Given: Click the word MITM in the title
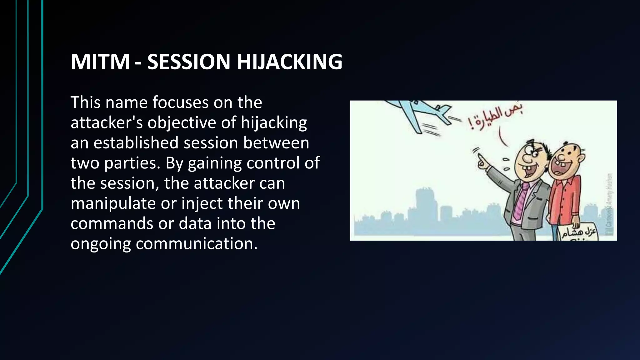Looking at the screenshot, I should click(100, 62).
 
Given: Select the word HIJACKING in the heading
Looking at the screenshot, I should click(289, 62).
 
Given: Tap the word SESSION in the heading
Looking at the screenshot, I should click(189, 62).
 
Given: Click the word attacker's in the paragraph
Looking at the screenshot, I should click(107, 123).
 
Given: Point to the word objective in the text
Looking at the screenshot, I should click(182, 123).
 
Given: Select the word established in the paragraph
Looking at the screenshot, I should click(136, 143).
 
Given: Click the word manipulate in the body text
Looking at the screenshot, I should click(113, 203).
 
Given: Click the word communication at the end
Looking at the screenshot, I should click(197, 244).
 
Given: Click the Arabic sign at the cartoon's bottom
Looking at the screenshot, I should click(578, 233).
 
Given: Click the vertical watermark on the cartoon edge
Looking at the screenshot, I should click(609, 203).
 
